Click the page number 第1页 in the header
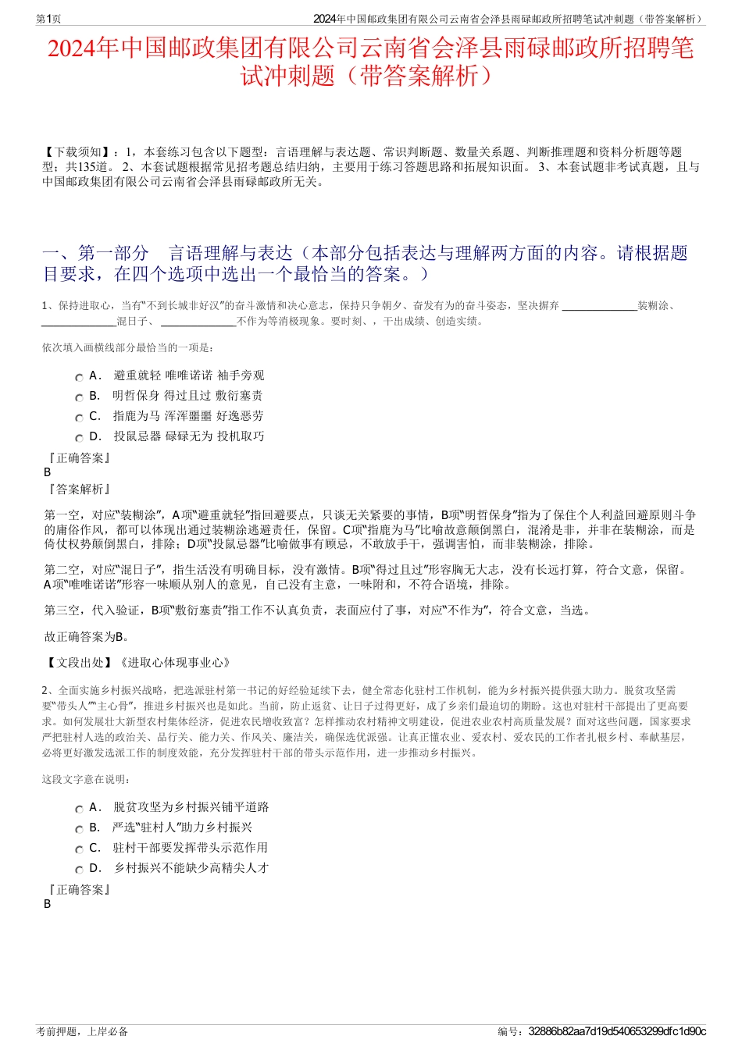pyautogui.click(x=48, y=19)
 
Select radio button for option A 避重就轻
pyautogui.click(x=79, y=377)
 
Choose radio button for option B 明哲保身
pyautogui.click(x=79, y=397)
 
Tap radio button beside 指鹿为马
pyautogui.click(x=79, y=418)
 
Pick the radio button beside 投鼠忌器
pyautogui.click(x=79, y=438)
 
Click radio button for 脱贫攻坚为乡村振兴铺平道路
pyautogui.click(x=79, y=809)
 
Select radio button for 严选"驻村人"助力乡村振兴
pyautogui.click(x=79, y=829)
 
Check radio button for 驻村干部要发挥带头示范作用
pyautogui.click(x=79, y=849)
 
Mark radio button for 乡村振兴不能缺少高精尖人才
pyautogui.click(x=79, y=870)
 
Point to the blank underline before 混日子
pyautogui.click(x=79, y=322)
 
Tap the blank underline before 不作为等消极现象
pyautogui.click(x=198, y=322)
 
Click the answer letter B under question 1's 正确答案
pyautogui.click(x=48, y=472)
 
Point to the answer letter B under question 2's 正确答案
pyautogui.click(x=48, y=904)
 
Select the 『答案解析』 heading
pyautogui.click(x=79, y=489)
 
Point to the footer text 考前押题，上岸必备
pyautogui.click(x=82, y=1031)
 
